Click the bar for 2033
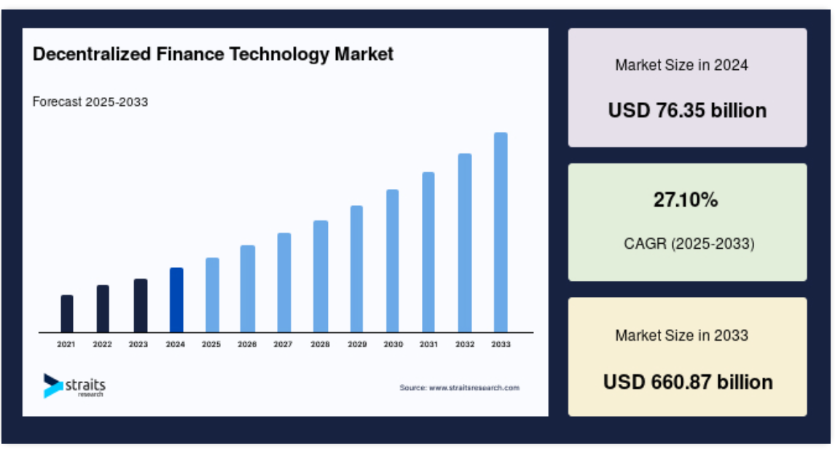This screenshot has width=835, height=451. coord(501,232)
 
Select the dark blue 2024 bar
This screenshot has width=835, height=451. coord(176,300)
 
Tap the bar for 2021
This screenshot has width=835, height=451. coord(67,314)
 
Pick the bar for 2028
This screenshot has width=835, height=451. coord(321,277)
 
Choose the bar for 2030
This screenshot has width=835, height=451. coord(393,261)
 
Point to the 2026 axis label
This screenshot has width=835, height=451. coord(247,344)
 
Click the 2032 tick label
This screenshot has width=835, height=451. coord(465,344)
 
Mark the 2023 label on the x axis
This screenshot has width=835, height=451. coord(138,344)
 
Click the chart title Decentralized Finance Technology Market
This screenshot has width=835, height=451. coord(213,55)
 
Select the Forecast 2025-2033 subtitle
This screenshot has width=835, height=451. coord(90,102)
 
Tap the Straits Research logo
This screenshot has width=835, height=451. coord(74,385)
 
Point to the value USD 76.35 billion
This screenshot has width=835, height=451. coord(688,110)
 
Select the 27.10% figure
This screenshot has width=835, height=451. coord(686,200)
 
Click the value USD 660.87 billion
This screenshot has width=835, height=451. coord(688,382)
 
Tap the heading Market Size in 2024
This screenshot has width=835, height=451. coord(682,65)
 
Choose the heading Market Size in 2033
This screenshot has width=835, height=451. coord(682,335)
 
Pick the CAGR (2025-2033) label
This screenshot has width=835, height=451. coord(689,244)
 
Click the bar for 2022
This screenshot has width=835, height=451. coord(103,309)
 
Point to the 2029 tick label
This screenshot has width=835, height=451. coord(357,344)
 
